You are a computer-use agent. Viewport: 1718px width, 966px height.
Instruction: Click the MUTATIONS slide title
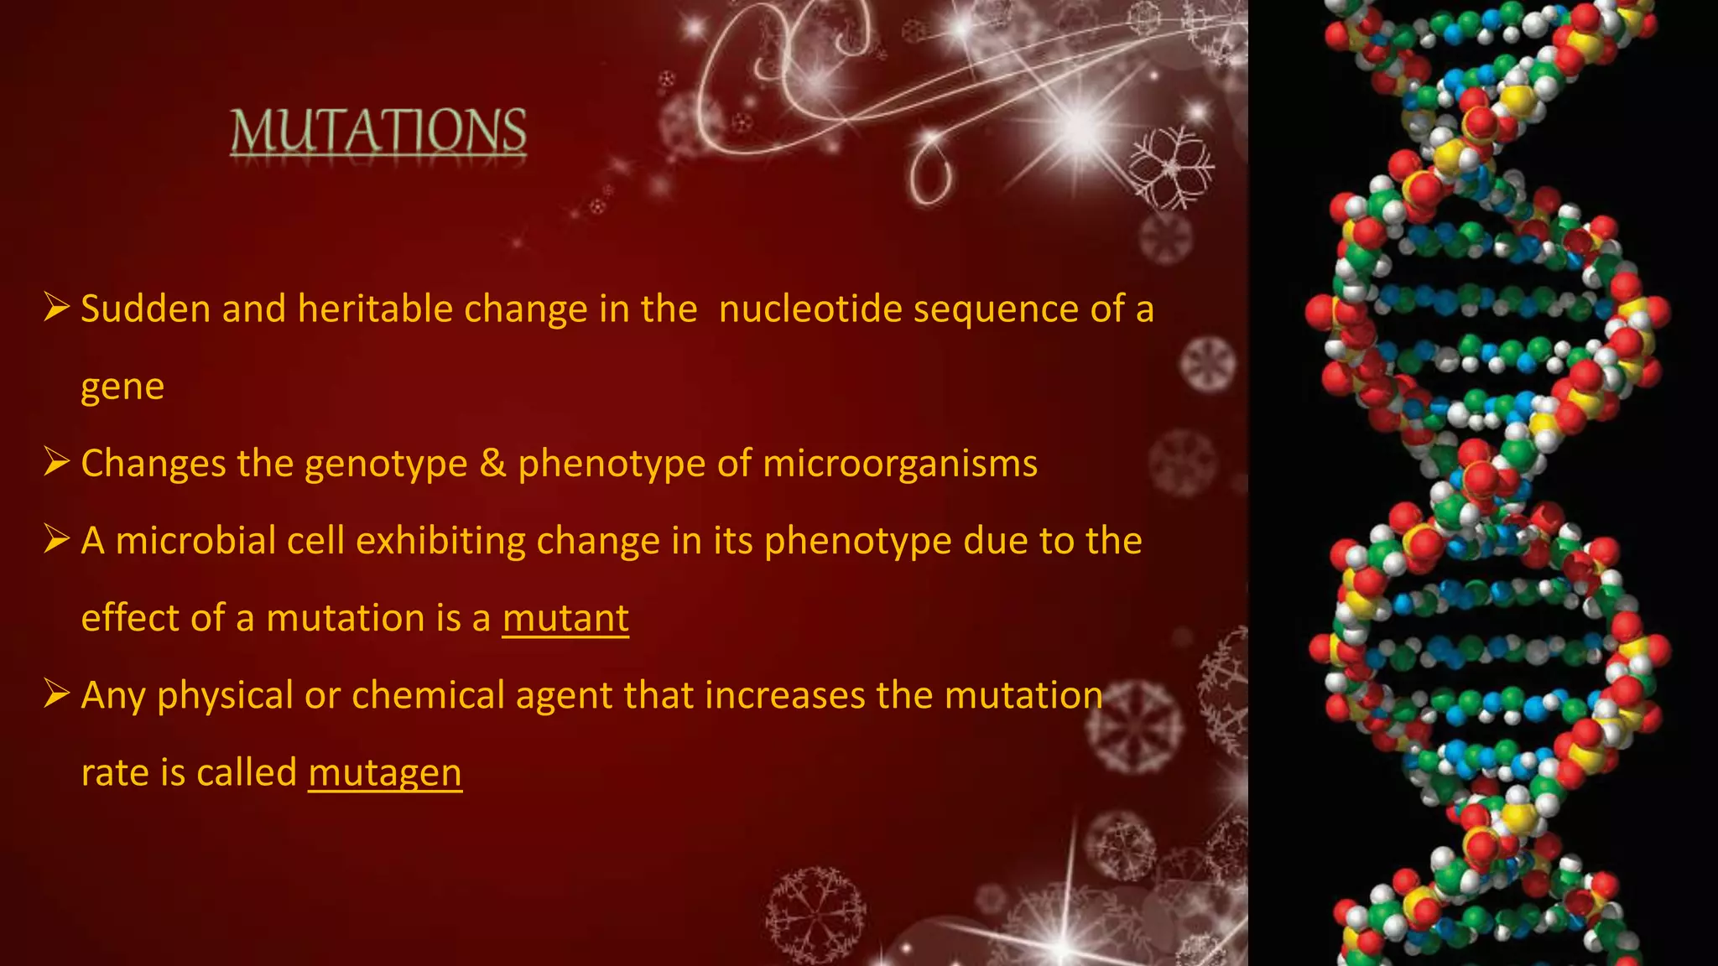[378, 132]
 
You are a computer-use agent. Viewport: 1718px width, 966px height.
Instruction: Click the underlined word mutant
[565, 619]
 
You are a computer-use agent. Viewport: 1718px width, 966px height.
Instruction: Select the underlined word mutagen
[385, 773]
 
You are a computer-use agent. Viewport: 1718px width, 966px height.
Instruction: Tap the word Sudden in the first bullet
[145, 309]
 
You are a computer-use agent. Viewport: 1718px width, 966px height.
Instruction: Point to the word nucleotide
[810, 309]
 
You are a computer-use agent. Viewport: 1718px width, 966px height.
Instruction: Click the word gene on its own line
[122, 387]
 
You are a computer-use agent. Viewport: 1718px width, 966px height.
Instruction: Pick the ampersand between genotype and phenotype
[492, 463]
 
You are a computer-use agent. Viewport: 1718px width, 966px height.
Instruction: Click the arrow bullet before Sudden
[57, 308]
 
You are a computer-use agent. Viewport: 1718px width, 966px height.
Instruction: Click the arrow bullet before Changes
[57, 462]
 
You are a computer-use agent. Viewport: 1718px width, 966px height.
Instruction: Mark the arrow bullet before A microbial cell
[57, 539]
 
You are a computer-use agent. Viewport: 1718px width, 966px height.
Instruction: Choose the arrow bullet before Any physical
[57, 693]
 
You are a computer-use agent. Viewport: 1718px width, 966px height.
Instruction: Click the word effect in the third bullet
[130, 618]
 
